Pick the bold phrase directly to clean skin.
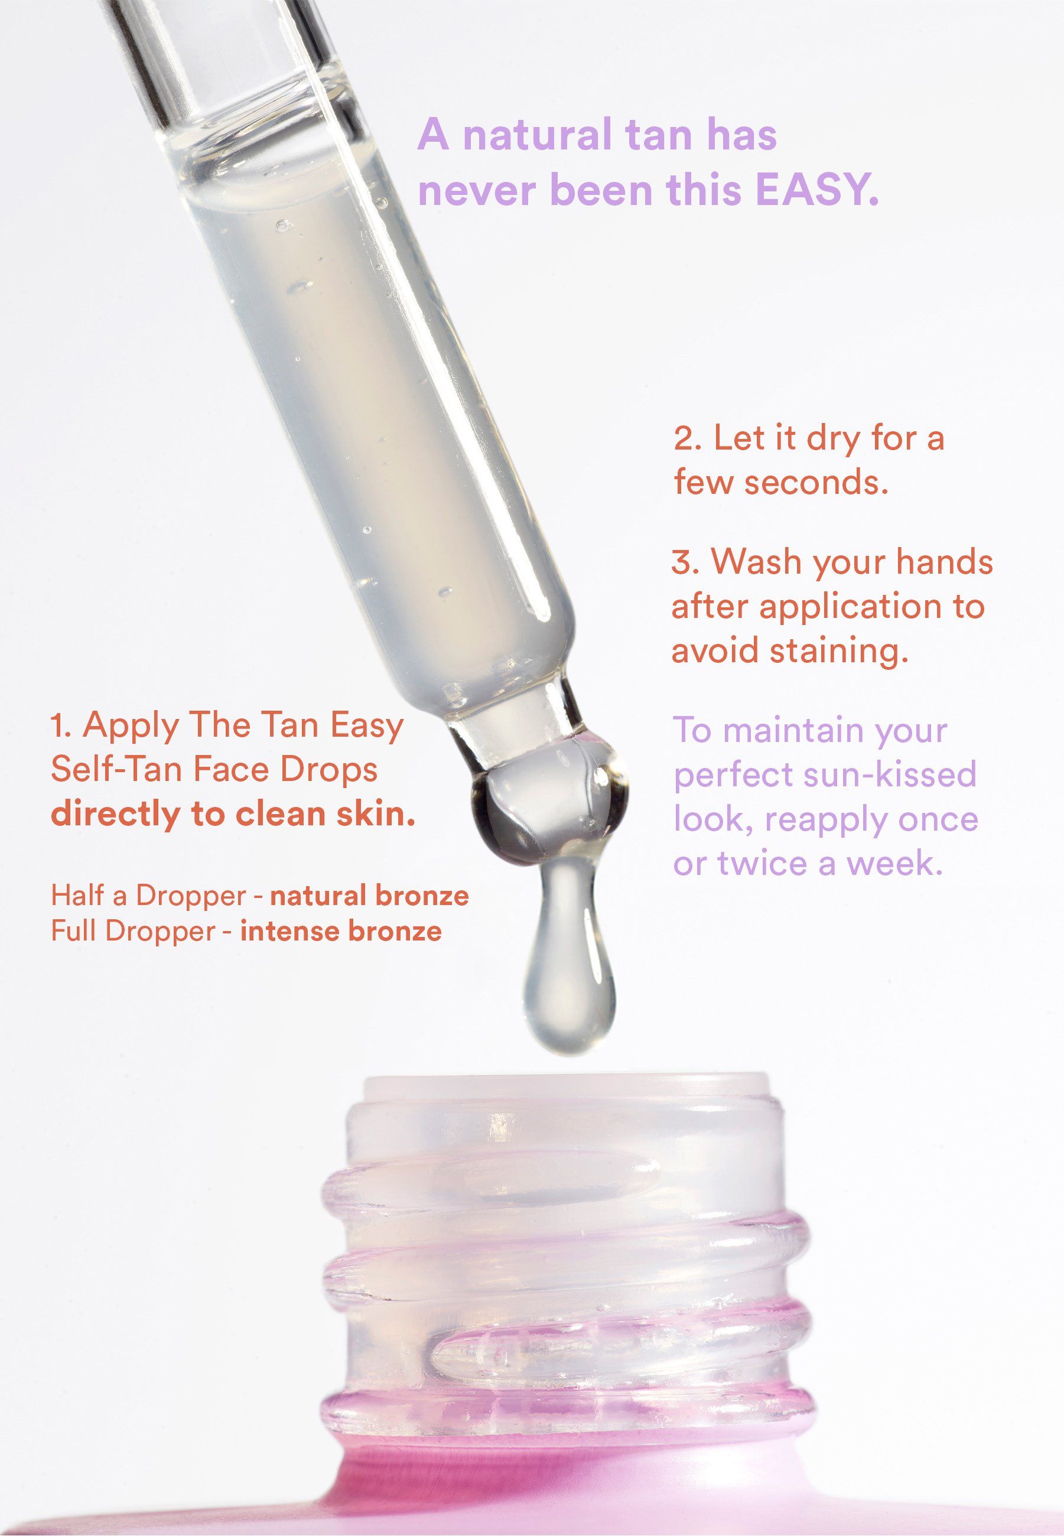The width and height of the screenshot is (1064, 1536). [x=233, y=814]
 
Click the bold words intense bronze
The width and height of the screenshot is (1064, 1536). [x=341, y=930]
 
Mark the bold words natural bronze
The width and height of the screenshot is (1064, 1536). [x=369, y=896]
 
